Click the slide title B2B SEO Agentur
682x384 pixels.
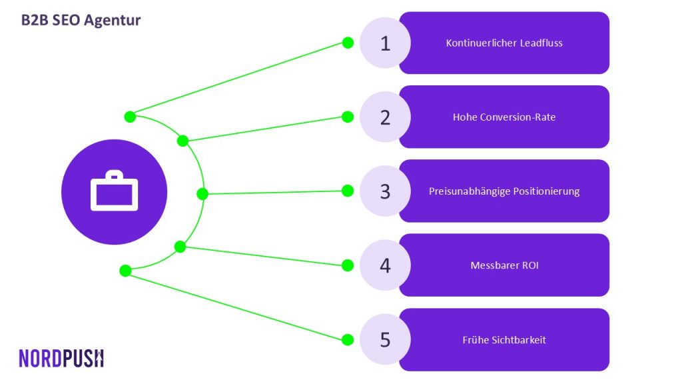81,21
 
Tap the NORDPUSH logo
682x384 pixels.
61,358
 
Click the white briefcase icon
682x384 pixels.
115,191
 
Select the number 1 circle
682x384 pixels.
385,43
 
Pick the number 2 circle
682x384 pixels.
385,117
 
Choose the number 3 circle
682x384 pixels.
385,191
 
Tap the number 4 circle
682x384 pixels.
385,265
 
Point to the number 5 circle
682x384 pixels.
385,339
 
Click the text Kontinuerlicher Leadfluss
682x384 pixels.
504,43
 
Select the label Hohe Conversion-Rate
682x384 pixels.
504,117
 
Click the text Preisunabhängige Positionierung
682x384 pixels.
504,191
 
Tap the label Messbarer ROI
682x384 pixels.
505,265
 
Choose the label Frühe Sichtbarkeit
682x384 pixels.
504,339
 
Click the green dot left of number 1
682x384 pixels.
348,43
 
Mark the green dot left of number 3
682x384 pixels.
348,191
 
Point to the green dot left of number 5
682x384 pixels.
348,339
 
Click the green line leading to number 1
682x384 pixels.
239,80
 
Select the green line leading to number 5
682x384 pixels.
236,305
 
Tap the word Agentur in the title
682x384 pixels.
112,21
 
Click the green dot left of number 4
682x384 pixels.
348,265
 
